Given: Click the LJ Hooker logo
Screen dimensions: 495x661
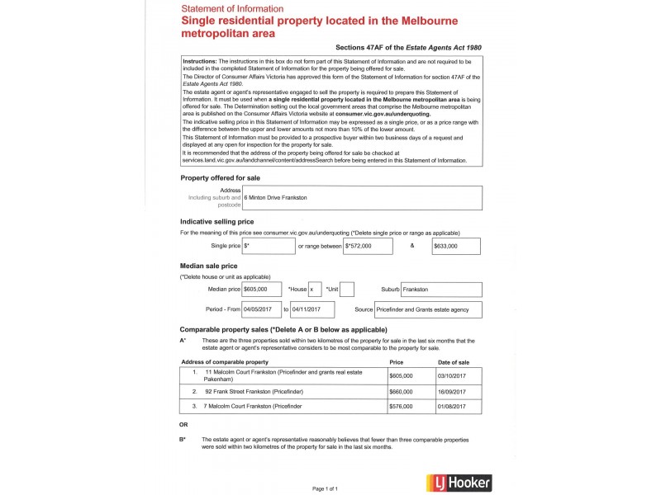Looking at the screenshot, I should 456,483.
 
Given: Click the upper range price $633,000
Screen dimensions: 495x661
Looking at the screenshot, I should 457,246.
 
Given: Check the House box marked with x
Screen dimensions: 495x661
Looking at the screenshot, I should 314,290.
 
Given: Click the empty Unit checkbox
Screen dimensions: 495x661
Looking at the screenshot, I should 347,290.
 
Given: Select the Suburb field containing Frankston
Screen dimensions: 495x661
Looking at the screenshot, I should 441,290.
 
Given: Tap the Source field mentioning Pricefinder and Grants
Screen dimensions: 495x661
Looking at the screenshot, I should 428,309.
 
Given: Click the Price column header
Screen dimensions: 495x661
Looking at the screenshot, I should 396,362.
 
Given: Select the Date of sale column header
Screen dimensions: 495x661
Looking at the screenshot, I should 454,362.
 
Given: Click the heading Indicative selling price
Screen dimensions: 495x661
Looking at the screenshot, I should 216,222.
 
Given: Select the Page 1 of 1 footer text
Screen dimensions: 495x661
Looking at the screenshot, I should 325,488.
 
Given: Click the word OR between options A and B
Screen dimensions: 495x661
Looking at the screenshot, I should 184,425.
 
